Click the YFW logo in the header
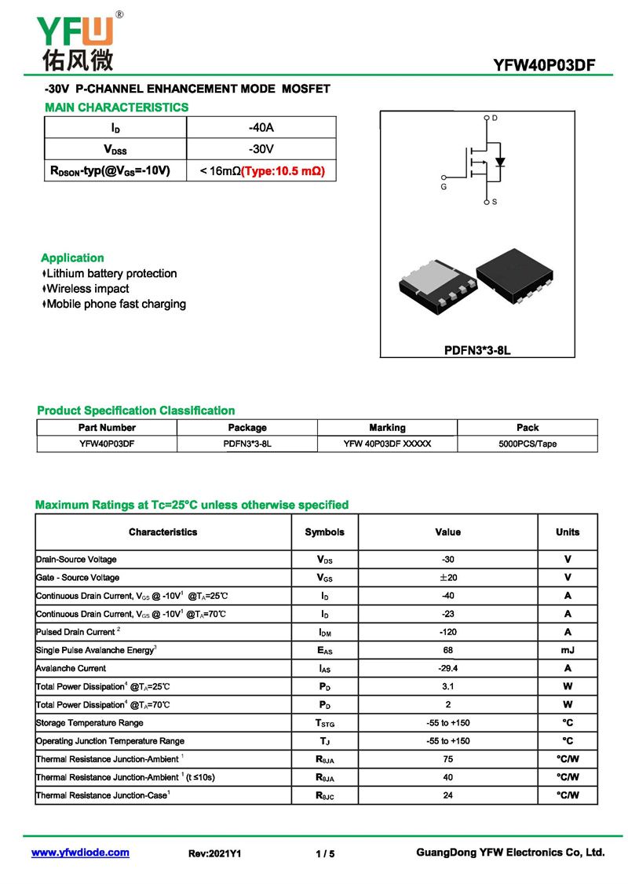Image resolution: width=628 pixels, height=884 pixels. [x=75, y=39]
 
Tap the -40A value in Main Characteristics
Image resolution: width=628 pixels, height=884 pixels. [x=261, y=127]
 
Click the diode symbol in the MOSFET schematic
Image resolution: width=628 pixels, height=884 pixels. [x=500, y=162]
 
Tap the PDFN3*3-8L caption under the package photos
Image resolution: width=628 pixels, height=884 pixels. [x=477, y=350]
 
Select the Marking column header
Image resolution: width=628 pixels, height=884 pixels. [x=387, y=428]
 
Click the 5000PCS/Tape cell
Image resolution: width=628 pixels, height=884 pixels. [x=528, y=444]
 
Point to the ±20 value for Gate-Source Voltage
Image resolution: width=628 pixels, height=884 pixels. [x=448, y=578]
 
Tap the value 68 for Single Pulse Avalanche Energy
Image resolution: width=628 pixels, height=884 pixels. [x=448, y=650]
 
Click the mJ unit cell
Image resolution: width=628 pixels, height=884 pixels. [x=568, y=650]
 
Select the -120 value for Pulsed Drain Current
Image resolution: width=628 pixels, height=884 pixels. [x=448, y=632]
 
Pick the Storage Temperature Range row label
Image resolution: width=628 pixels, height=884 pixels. [x=89, y=722]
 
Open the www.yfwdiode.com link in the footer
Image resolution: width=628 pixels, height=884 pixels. [x=80, y=853]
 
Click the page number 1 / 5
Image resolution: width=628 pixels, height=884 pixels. [x=325, y=853]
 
